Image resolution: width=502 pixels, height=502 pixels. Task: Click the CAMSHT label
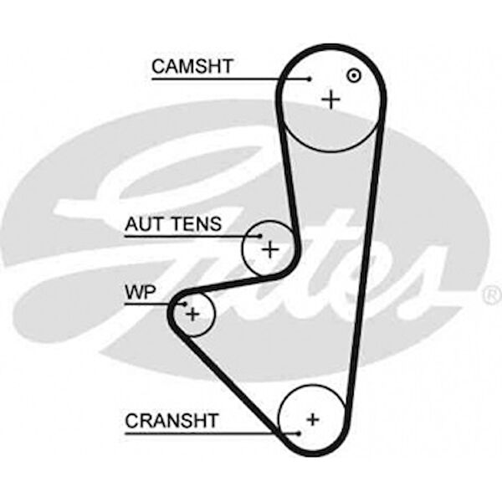[x=192, y=66]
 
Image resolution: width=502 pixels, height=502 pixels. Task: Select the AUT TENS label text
[x=173, y=224]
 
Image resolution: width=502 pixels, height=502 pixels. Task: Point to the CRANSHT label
[x=172, y=420]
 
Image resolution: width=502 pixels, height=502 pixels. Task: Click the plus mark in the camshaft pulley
[x=332, y=100]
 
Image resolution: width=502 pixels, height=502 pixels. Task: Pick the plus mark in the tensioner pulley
[x=269, y=248]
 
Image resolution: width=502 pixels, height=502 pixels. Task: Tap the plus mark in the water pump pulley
[x=193, y=314]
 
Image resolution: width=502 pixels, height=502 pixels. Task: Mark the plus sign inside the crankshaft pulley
[x=313, y=418]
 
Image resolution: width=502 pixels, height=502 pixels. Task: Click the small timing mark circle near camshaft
[x=354, y=74]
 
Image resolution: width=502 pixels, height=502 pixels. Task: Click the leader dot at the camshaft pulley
[x=310, y=80]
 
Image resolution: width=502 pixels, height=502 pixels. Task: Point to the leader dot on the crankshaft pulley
[x=297, y=433]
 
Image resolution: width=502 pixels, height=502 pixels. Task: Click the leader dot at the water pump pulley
[x=184, y=305]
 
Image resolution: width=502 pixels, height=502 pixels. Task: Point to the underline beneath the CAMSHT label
[x=226, y=79]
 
